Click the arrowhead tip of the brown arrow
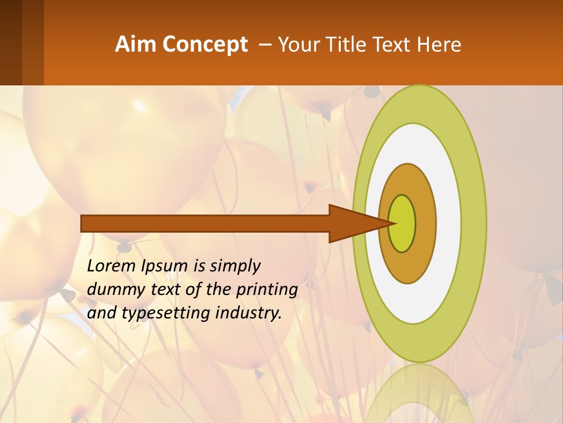pyautogui.click(x=394, y=223)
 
